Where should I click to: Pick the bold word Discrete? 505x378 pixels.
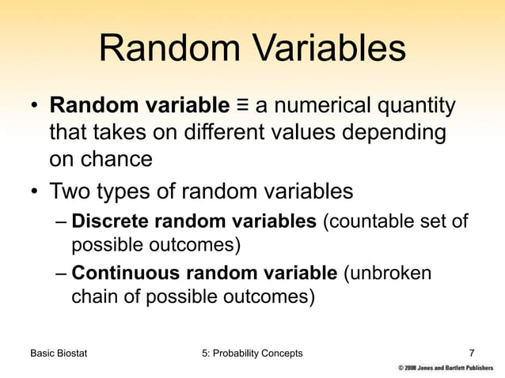[x=106, y=222]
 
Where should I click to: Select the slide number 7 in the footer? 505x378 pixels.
[x=472, y=353]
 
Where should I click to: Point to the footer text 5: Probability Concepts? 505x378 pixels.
[x=252, y=353]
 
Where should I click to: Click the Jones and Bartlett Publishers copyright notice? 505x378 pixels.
[x=448, y=369]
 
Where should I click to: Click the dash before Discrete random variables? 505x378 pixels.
[x=61, y=223]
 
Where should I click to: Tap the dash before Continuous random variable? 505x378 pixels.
[x=61, y=274]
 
